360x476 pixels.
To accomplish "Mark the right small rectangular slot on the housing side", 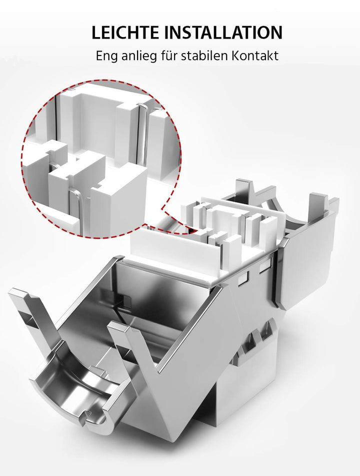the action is point(264,267).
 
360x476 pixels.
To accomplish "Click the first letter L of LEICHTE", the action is point(96,33).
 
